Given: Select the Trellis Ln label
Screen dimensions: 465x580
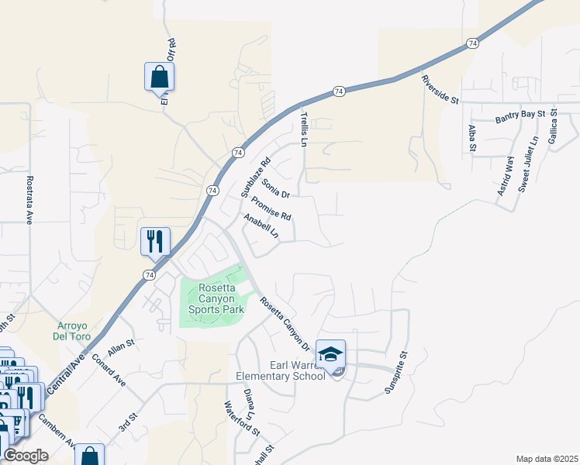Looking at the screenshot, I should [x=304, y=129].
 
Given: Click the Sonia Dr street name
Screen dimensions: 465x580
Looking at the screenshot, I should [x=275, y=188].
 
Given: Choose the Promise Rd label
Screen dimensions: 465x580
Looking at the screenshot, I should [x=271, y=205].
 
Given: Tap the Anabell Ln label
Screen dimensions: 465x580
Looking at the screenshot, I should [x=261, y=227].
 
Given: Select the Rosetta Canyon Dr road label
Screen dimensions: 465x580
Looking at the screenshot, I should [x=285, y=324].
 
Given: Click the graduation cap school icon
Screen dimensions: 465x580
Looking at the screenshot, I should [x=331, y=354].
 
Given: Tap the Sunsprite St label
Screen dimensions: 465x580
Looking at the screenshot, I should [x=396, y=373].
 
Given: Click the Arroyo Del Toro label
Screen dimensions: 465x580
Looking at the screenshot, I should [x=74, y=331].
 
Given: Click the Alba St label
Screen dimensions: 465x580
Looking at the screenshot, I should [x=471, y=136].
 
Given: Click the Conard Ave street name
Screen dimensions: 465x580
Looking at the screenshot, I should [x=109, y=370].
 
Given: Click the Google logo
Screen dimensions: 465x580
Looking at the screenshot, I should [x=26, y=456].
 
